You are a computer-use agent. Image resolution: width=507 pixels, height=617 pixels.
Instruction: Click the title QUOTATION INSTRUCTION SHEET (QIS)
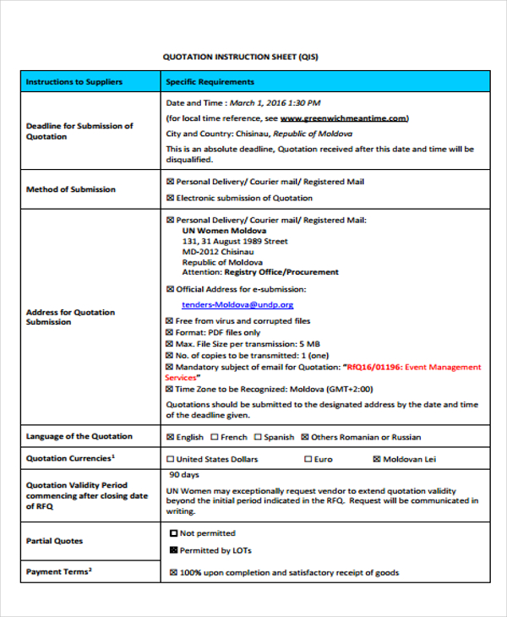(241, 57)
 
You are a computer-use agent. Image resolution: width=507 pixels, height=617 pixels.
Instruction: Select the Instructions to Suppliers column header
(74, 82)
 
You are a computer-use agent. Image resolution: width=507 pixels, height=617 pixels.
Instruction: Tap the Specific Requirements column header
(210, 82)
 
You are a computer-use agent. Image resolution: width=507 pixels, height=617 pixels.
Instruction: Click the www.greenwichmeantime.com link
(344, 118)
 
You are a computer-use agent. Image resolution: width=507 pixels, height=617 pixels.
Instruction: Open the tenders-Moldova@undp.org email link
(237, 304)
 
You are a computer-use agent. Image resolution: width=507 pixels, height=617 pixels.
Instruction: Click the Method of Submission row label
(71, 189)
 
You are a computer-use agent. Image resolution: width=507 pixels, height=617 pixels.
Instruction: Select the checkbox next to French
(215, 437)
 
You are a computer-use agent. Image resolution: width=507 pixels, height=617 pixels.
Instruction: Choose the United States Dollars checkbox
(171, 459)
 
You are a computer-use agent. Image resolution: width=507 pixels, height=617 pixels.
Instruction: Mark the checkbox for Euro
(308, 459)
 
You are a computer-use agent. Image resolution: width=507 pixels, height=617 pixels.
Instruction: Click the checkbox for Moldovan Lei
(377, 459)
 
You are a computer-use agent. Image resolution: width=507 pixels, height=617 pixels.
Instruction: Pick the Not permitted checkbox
(174, 533)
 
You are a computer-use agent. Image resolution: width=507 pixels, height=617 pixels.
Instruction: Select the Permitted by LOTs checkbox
(174, 550)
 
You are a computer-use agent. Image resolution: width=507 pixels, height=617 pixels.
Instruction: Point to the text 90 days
(184, 474)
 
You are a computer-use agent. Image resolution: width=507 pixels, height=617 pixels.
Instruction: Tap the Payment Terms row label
(58, 571)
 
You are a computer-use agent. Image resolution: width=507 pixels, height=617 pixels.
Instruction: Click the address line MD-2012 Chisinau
(217, 251)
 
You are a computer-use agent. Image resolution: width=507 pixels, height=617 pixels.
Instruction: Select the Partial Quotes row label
(54, 541)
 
